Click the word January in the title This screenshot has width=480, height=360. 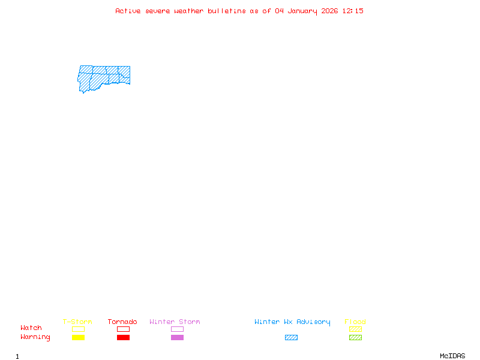click(x=303, y=11)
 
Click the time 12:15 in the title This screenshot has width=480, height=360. click(x=353, y=11)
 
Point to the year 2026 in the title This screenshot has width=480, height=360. click(x=329, y=11)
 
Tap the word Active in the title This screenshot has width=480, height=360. click(x=128, y=11)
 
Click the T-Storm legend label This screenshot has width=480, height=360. click(x=77, y=322)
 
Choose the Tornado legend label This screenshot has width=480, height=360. click(x=122, y=322)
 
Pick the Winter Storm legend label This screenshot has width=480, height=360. click(x=175, y=322)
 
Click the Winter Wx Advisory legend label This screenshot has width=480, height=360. click(x=292, y=322)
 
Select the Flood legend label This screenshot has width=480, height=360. click(x=355, y=322)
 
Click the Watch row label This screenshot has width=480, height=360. click(x=31, y=328)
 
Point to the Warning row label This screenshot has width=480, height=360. click(x=35, y=337)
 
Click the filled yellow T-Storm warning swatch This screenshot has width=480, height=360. click(x=78, y=338)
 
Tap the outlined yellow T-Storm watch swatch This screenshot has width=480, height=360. click(x=78, y=329)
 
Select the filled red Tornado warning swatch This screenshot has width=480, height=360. click(x=123, y=338)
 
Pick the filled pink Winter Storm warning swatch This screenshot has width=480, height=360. click(x=177, y=338)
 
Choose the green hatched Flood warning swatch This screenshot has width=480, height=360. click(x=355, y=338)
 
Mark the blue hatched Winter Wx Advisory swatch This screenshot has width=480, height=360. click(x=291, y=338)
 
